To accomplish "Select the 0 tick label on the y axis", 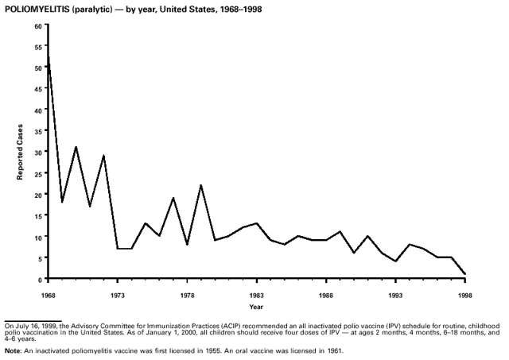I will [x=39, y=280].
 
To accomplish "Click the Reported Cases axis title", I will [x=21, y=152].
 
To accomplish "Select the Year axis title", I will [x=256, y=306].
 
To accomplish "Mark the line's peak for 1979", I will [x=200, y=185].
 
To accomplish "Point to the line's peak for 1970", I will [x=76, y=147].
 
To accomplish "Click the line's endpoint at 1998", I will [x=464, y=274].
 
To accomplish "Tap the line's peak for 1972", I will [x=103, y=156].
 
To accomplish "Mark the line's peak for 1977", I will [x=173, y=198].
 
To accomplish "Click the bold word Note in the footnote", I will [x=12, y=350].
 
